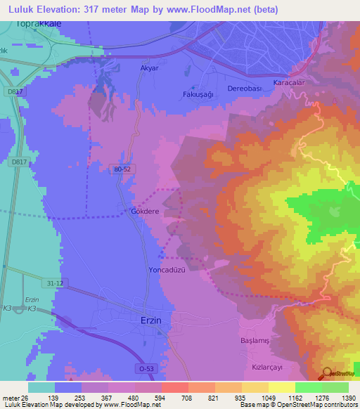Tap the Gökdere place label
(x=145, y=211)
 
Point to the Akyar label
(x=150, y=68)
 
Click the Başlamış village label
(x=255, y=340)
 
